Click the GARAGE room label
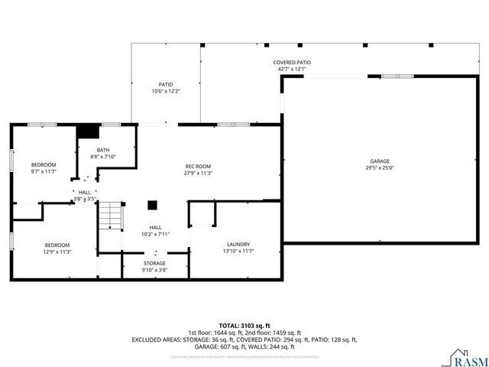click(x=380, y=161)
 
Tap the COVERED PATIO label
click(x=292, y=63)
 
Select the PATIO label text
click(x=166, y=84)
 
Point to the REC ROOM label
click(x=198, y=166)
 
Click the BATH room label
click(x=102, y=150)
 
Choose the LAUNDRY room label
click(x=238, y=245)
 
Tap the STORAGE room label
click(x=154, y=263)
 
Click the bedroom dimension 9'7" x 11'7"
click(x=44, y=172)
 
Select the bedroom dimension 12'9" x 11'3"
click(x=57, y=252)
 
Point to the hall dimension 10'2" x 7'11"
click(x=155, y=234)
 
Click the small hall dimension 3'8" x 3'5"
click(x=84, y=199)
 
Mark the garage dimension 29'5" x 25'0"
click(x=380, y=168)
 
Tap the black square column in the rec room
click(x=153, y=205)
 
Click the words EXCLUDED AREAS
click(x=157, y=339)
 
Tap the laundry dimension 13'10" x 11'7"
click(x=238, y=252)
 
